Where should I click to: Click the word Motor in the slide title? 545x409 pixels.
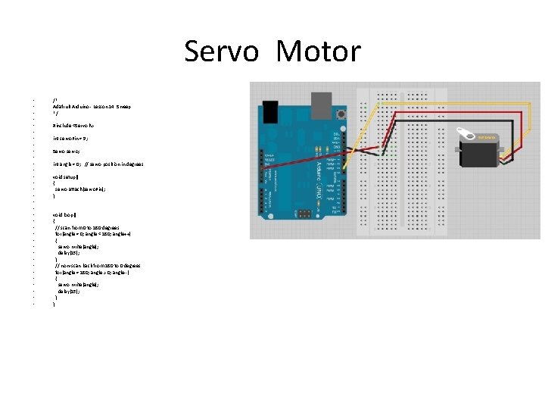point(319,52)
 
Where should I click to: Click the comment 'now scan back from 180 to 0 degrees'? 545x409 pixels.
point(97,266)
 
